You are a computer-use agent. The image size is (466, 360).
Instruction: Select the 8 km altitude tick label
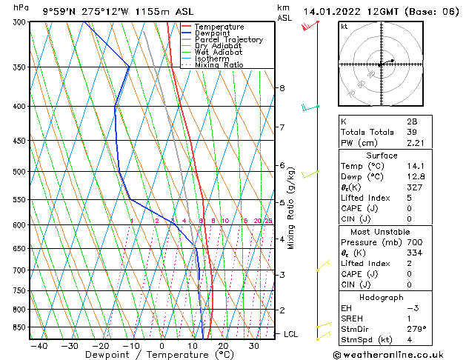[282, 88]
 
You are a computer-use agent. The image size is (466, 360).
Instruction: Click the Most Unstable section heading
[382, 231]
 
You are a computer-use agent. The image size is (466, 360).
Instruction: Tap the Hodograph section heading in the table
[382, 297]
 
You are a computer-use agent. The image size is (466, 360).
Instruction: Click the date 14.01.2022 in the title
[333, 11]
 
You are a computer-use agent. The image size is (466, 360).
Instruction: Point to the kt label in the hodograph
[344, 27]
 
